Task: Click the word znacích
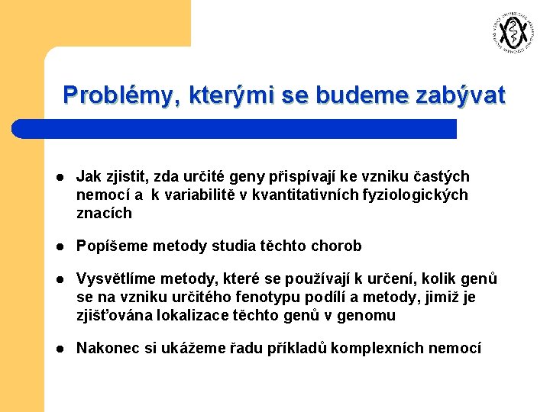pos(104,214)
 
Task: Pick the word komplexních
pos(390,349)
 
